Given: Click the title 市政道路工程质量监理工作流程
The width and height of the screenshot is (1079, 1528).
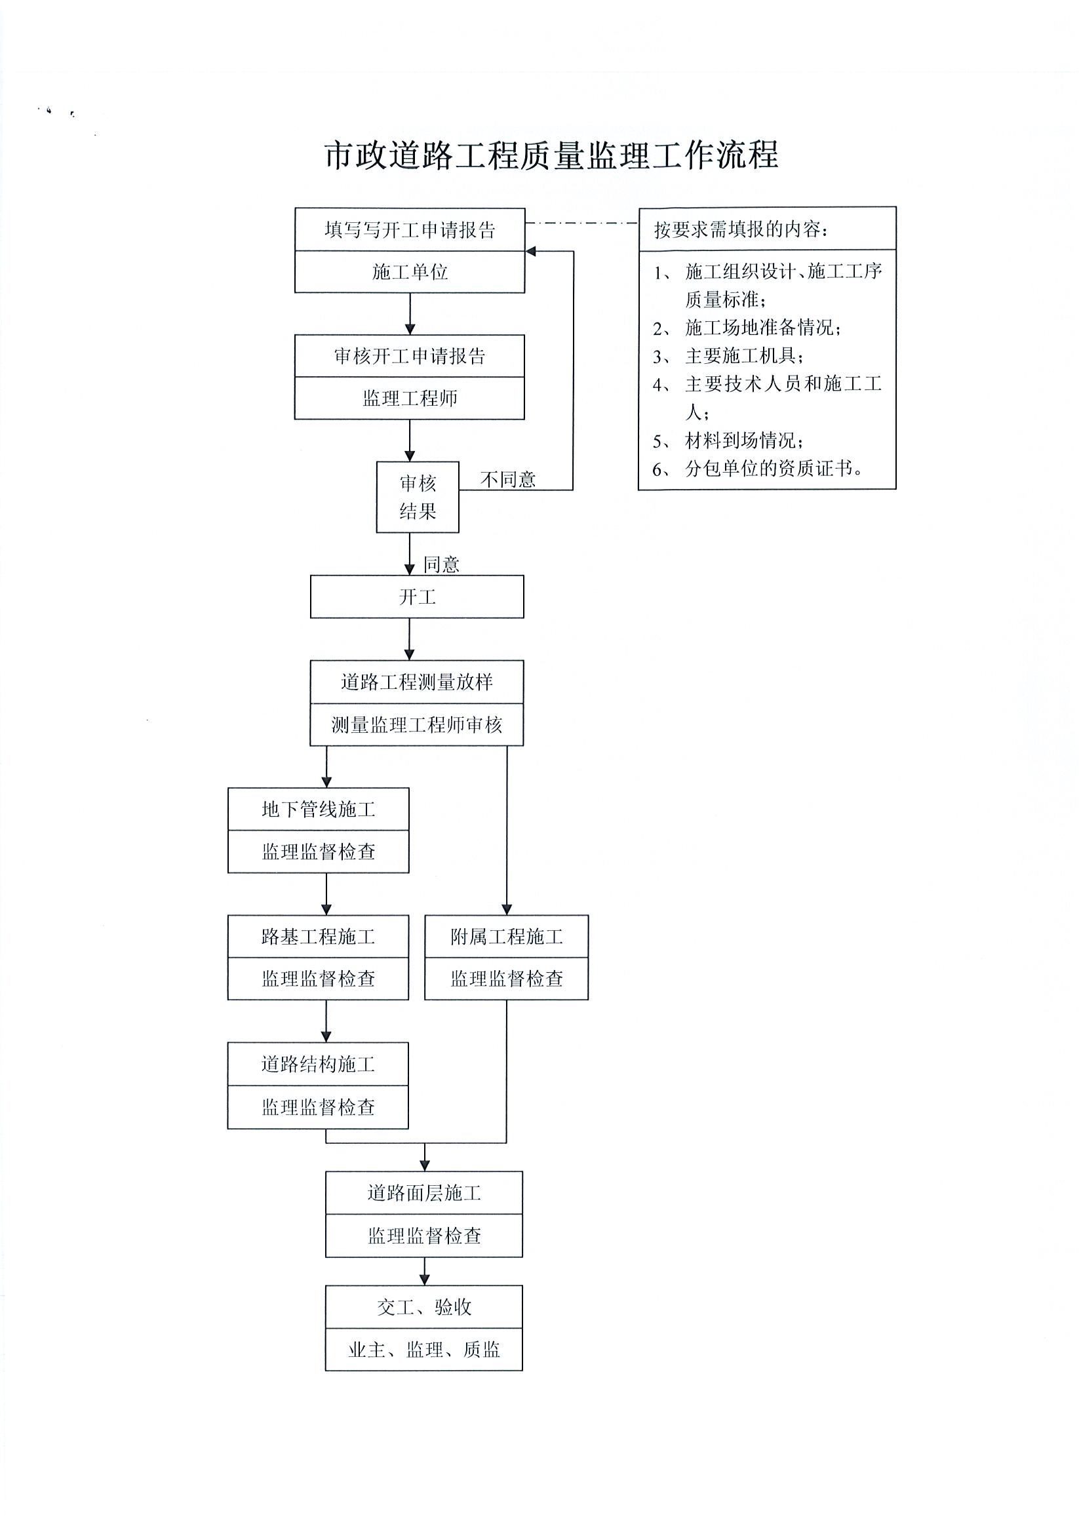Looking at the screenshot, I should (x=551, y=156).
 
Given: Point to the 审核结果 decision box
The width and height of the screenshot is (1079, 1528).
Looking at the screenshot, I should (x=418, y=497).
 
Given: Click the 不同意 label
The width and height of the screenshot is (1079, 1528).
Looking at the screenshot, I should (x=508, y=479).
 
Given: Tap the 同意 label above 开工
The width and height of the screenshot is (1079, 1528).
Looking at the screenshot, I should (x=441, y=564).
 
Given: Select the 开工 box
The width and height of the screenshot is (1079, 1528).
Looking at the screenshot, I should (x=417, y=597).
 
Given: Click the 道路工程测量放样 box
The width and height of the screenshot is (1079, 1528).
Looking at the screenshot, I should (x=417, y=682).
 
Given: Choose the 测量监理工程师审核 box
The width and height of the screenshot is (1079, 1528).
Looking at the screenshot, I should (x=417, y=725).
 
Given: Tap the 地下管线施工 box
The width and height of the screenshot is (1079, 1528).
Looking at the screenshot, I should (x=318, y=810).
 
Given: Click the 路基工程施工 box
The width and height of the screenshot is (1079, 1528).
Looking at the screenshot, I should (x=318, y=936).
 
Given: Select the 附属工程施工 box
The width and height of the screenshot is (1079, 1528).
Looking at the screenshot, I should (x=507, y=936).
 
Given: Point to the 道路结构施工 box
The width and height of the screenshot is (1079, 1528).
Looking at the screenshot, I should (x=318, y=1064).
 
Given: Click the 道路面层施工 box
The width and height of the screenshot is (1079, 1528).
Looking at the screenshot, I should (x=424, y=1192).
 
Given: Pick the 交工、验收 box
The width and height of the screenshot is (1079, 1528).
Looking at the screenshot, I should (x=424, y=1307).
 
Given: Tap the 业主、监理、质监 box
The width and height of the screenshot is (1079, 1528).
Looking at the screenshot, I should (x=424, y=1350).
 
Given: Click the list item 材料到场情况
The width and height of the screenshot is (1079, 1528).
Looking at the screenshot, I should (x=743, y=441).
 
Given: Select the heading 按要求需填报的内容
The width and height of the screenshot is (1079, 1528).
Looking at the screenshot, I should (x=741, y=229).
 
